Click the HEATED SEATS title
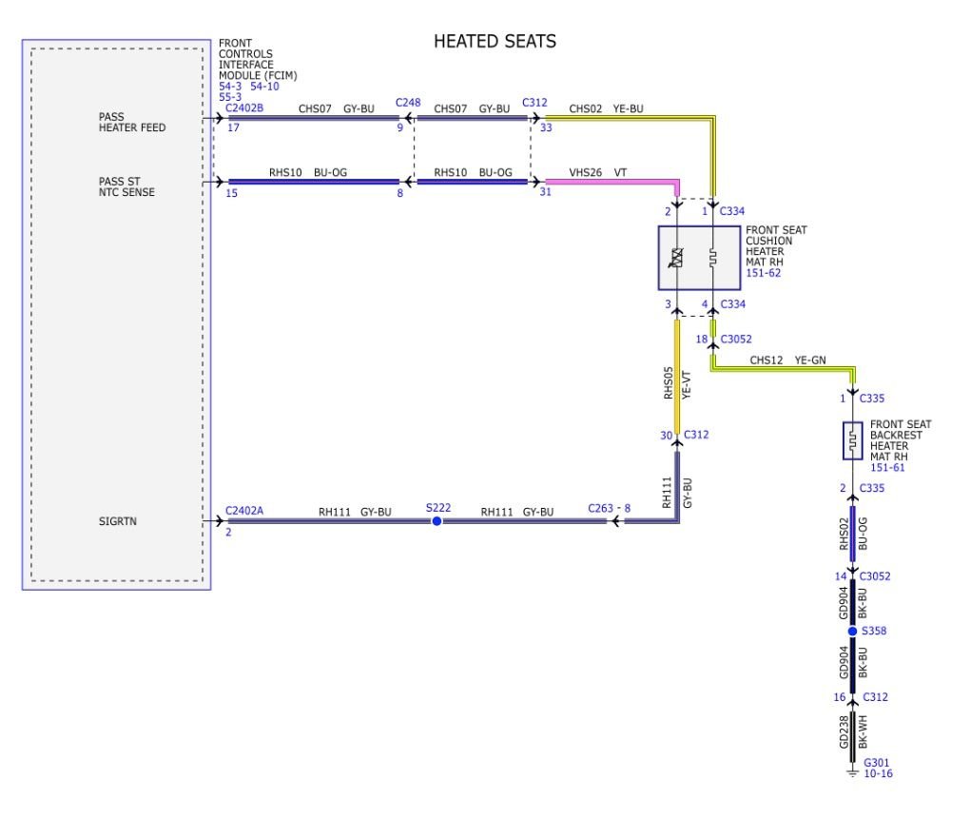click(495, 41)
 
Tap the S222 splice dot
click(436, 521)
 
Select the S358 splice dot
click(852, 631)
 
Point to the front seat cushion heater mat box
click(698, 258)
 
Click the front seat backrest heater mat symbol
click(852, 441)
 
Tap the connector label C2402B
click(244, 107)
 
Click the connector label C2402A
click(244, 511)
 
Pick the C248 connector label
click(408, 103)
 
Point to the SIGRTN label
click(118, 521)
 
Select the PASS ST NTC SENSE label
click(126, 185)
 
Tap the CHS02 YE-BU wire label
click(606, 109)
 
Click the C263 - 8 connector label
click(609, 509)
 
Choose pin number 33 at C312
click(546, 127)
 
